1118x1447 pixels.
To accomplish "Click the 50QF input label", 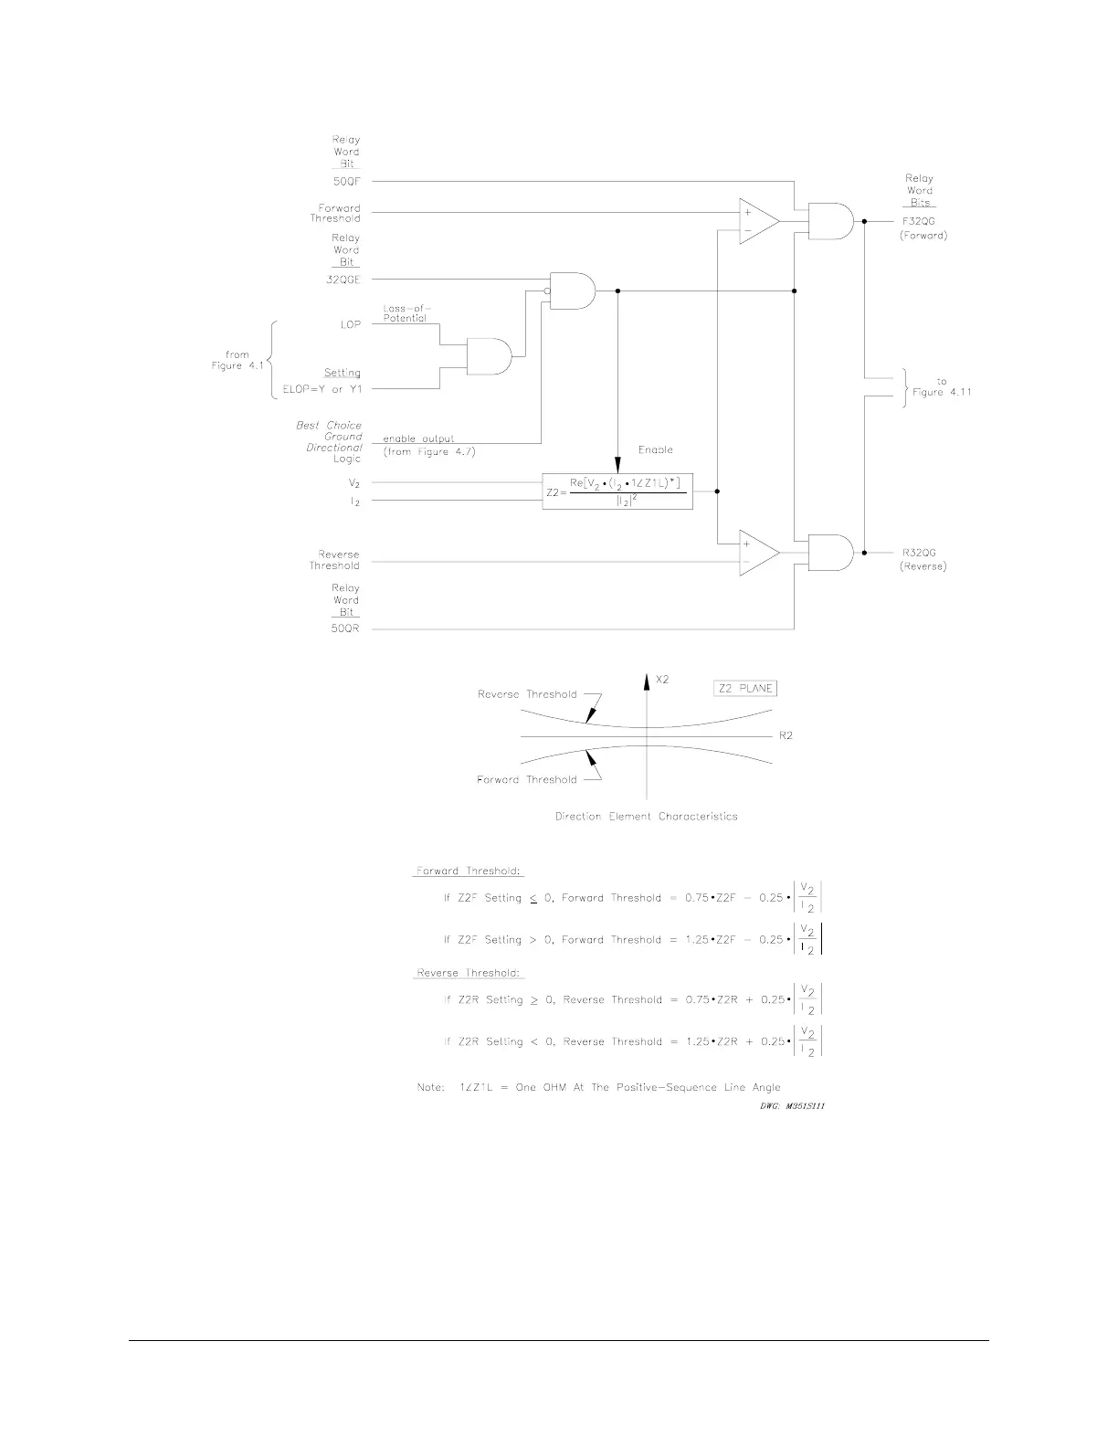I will [x=345, y=182].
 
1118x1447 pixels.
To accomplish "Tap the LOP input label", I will [x=350, y=325].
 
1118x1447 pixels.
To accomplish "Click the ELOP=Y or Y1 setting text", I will [x=322, y=390].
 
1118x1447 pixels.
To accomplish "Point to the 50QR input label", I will [x=345, y=629].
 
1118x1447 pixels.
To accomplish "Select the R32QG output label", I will [x=921, y=553].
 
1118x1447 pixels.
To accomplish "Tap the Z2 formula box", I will [x=617, y=491].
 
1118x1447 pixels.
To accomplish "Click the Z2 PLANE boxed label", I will [x=744, y=689].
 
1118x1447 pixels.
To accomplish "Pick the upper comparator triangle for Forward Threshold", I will [x=757, y=221].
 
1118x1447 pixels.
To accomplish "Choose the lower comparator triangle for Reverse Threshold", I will [x=757, y=553].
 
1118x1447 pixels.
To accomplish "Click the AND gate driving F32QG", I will [x=829, y=221].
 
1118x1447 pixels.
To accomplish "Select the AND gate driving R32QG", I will [x=829, y=553].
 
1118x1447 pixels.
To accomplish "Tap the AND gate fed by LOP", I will [x=490, y=355].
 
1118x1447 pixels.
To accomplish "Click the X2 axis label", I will [x=663, y=681].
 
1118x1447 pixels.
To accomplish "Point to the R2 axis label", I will [x=786, y=735].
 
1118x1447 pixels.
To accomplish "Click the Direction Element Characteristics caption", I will [x=646, y=817].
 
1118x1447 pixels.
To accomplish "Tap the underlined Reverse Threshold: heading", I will [x=469, y=973].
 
